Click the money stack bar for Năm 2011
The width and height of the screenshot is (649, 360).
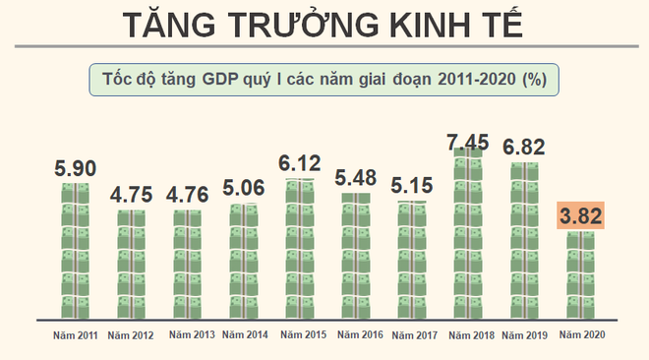75,251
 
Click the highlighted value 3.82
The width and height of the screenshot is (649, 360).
581,216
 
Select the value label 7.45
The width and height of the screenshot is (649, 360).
469,144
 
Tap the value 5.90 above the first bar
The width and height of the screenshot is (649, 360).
75,169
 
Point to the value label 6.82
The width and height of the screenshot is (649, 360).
525,148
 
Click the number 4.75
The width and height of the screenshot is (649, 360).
131,194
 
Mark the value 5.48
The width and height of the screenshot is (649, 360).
356,178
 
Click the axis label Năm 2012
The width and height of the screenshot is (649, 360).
131,336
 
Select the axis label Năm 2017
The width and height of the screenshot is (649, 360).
413,336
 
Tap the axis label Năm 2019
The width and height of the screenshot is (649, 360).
525,336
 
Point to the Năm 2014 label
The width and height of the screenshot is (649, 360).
244,336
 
